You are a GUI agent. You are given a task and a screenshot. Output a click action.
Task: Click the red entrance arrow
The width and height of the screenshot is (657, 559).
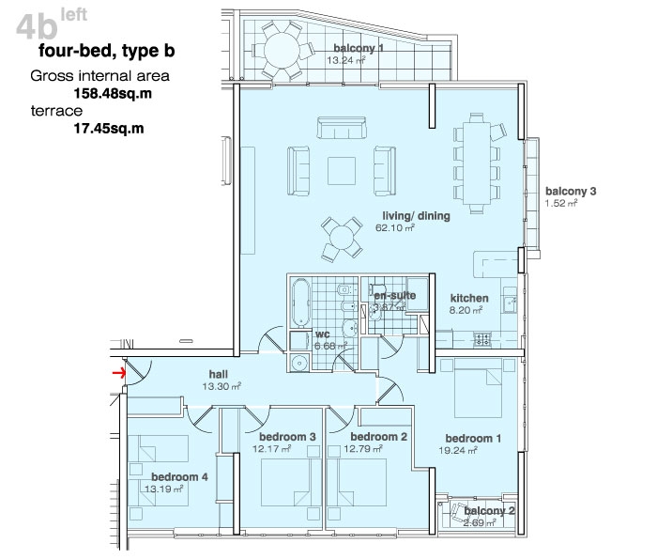[118, 372]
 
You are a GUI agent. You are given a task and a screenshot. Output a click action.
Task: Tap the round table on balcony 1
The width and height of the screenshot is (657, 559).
[282, 51]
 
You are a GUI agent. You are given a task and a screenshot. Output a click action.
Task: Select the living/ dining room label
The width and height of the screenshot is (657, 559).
[416, 216]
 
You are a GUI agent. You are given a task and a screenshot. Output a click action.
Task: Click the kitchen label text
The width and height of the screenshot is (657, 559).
[469, 298]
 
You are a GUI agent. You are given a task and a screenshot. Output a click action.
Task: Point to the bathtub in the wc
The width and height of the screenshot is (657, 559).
[300, 303]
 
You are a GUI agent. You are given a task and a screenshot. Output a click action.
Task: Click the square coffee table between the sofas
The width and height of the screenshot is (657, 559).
[342, 171]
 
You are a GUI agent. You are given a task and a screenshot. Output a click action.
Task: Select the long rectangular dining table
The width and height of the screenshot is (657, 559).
[477, 163]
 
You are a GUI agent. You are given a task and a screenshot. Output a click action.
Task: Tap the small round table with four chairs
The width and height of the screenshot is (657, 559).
[342, 239]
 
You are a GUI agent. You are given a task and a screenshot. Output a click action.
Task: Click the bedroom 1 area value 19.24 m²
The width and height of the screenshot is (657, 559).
[458, 450]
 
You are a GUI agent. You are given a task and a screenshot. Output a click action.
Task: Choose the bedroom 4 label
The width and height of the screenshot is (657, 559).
[179, 477]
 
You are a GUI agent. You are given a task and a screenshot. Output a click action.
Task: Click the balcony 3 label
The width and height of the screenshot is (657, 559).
[571, 192]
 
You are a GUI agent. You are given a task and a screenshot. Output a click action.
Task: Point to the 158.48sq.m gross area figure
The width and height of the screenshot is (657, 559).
[113, 93]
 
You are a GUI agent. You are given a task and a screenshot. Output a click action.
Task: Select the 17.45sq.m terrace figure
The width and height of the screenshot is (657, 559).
[109, 129]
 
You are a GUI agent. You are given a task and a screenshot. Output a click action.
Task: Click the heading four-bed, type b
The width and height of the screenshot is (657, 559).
[107, 51]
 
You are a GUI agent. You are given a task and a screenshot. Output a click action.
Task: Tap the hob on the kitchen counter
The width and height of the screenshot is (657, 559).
[481, 339]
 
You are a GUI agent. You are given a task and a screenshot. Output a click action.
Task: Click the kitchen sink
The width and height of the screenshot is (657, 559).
[510, 300]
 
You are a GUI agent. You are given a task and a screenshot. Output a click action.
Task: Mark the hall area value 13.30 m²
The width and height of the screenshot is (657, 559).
[222, 386]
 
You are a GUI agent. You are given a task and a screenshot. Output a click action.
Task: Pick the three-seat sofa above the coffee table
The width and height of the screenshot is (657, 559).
[342, 128]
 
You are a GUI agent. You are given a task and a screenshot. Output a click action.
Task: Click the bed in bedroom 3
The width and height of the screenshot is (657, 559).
[286, 482]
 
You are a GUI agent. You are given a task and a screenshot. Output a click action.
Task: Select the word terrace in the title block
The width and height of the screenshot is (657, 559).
[56, 111]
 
